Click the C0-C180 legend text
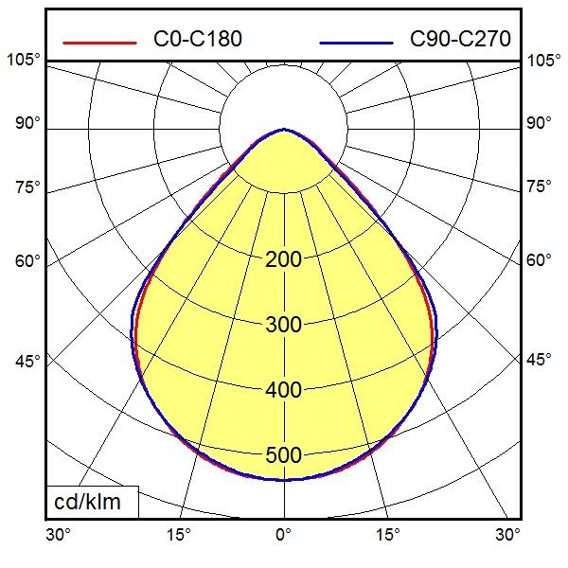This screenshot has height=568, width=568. coord(197,39)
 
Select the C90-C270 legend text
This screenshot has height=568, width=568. coord(460,39)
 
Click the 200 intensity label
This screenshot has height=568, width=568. coord(283,259)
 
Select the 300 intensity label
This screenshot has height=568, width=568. coord(283,325)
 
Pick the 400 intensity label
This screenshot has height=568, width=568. coord(283,390)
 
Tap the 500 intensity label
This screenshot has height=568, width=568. coord(283,455)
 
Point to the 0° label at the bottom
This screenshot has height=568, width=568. coord(283,535)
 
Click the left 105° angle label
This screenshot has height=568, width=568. coord(23,61)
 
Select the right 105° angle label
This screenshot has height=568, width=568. coord(544,61)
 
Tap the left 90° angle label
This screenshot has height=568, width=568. coord(27,123)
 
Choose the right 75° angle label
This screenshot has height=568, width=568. coord(540,186)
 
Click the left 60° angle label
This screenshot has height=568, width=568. coord(27,260)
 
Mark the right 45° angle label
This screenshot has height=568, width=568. coord(540,361)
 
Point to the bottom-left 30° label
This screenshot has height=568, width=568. coord(59,535)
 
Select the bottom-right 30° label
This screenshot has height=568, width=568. coord(508,535)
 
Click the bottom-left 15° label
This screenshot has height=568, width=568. coord(178,535)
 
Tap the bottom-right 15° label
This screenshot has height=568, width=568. coord(388,535)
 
